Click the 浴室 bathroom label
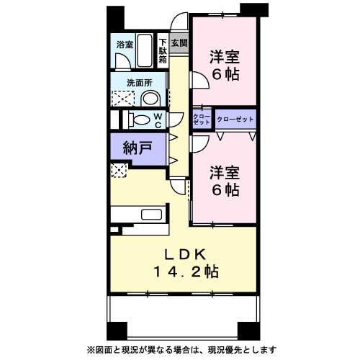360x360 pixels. tap(125, 45)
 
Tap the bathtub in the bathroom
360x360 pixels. tap(146, 50)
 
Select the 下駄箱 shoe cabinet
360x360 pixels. tap(163, 51)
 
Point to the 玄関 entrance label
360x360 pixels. tap(179, 43)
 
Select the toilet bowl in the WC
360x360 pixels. tap(141, 119)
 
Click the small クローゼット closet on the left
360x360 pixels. tap(202, 119)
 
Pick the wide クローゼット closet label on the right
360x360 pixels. tap(235, 118)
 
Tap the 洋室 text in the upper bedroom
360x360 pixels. tap(224, 56)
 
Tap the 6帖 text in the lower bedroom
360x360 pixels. tap(224, 190)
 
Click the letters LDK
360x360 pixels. tap(184, 253)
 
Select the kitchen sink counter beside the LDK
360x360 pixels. tap(151, 214)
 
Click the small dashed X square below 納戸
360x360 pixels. tap(118, 170)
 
